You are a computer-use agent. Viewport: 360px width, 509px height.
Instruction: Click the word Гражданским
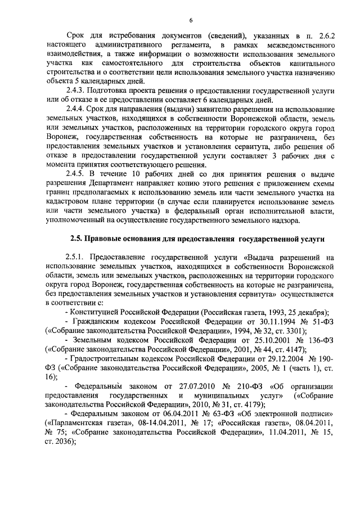coord(98,321)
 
